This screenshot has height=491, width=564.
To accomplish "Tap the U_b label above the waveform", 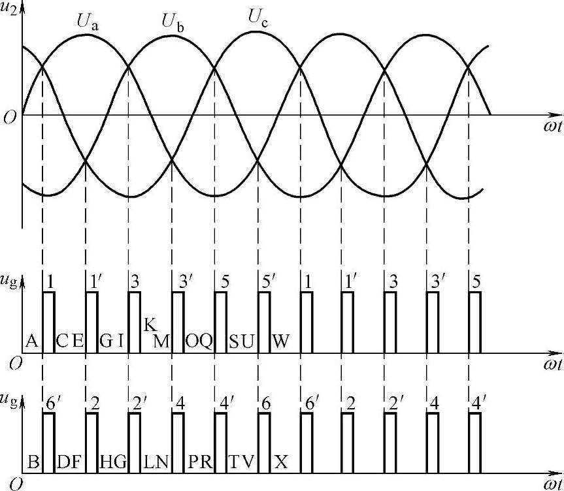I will point(173,21).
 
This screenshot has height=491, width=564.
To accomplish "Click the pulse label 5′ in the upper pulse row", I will point(267,281).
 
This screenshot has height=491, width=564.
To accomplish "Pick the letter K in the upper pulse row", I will point(150,325).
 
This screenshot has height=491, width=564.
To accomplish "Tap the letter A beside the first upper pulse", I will point(31,341).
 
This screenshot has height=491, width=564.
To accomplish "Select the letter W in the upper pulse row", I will point(280,341).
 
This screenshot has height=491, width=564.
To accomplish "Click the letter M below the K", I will point(161,341).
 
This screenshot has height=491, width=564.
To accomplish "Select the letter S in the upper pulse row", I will point(235,341).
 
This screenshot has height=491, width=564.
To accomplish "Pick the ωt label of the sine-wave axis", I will point(552,127).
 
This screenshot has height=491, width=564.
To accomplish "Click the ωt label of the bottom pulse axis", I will point(552,484).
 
